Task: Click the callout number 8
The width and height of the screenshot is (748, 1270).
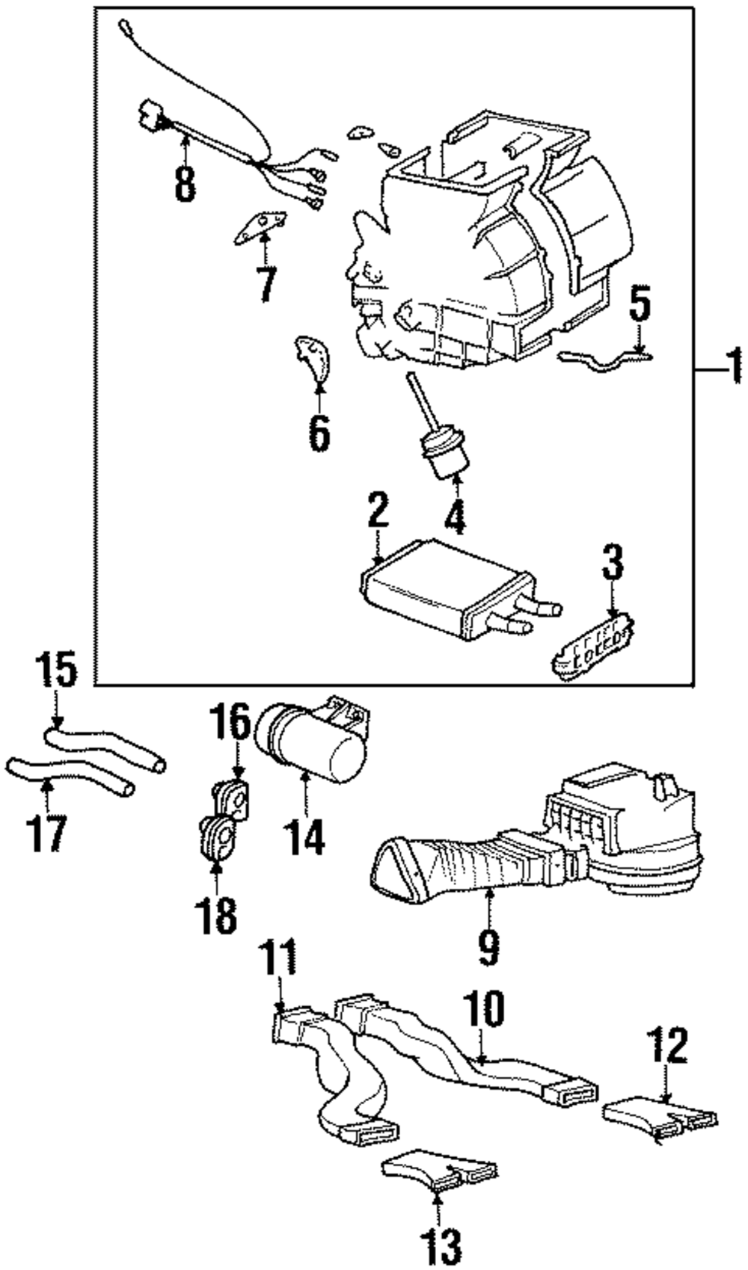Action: click(185, 184)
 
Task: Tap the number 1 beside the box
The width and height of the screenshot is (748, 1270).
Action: click(733, 367)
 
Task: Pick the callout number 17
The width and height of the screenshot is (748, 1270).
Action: click(46, 834)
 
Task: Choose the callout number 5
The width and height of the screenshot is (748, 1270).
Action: click(639, 306)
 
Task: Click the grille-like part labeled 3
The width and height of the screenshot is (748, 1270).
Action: click(593, 647)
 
